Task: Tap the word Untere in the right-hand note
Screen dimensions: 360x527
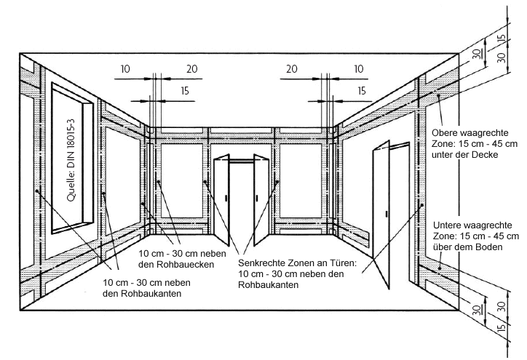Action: click(448, 225)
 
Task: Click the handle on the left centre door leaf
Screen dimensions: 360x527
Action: click(227, 197)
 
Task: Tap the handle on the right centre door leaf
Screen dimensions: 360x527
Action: click(255, 196)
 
